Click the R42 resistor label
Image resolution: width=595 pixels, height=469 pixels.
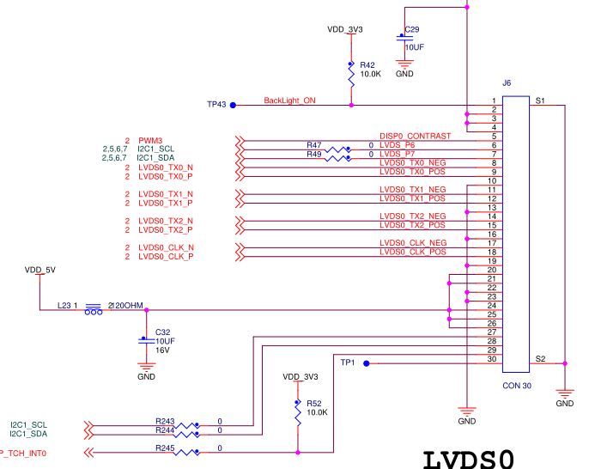pos(367,64)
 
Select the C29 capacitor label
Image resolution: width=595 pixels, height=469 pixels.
pos(412,30)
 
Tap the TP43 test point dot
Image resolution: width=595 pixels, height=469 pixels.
pos(233,105)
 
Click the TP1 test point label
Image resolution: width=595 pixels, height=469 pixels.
pos(348,362)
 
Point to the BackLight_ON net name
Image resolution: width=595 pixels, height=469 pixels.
pos(289,100)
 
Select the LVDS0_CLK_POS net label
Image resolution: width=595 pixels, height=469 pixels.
pos(413,251)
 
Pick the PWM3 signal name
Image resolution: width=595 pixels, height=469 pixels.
pos(150,140)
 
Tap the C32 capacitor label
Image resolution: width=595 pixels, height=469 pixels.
pos(162,332)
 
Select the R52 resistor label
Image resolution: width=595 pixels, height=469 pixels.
pos(314,403)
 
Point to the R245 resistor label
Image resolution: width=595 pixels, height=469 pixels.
pos(165,448)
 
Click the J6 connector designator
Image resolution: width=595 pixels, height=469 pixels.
pos(507,84)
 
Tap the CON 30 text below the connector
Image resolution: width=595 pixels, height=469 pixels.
pos(517,386)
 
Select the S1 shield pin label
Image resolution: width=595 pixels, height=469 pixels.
pos(540,101)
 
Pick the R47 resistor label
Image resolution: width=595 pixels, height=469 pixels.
pos(314,145)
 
